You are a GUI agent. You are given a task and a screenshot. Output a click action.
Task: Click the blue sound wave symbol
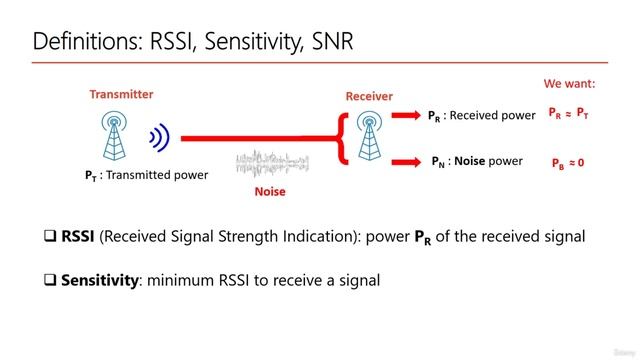tap(158, 138)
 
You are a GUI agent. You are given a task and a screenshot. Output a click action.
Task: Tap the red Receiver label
tap(369, 96)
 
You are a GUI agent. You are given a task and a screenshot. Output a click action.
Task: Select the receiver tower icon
tap(371, 137)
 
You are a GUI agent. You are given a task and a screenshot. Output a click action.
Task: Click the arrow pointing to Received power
tap(405, 115)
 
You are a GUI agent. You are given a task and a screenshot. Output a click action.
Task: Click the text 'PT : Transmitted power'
tap(146, 175)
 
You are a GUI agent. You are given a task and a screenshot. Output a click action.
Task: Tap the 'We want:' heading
tap(569, 84)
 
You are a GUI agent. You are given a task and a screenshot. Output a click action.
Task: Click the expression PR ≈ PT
tap(568, 114)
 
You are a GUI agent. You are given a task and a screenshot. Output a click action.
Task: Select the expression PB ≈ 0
tap(568, 162)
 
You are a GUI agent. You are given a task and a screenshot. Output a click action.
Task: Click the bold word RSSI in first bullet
tap(87, 237)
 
